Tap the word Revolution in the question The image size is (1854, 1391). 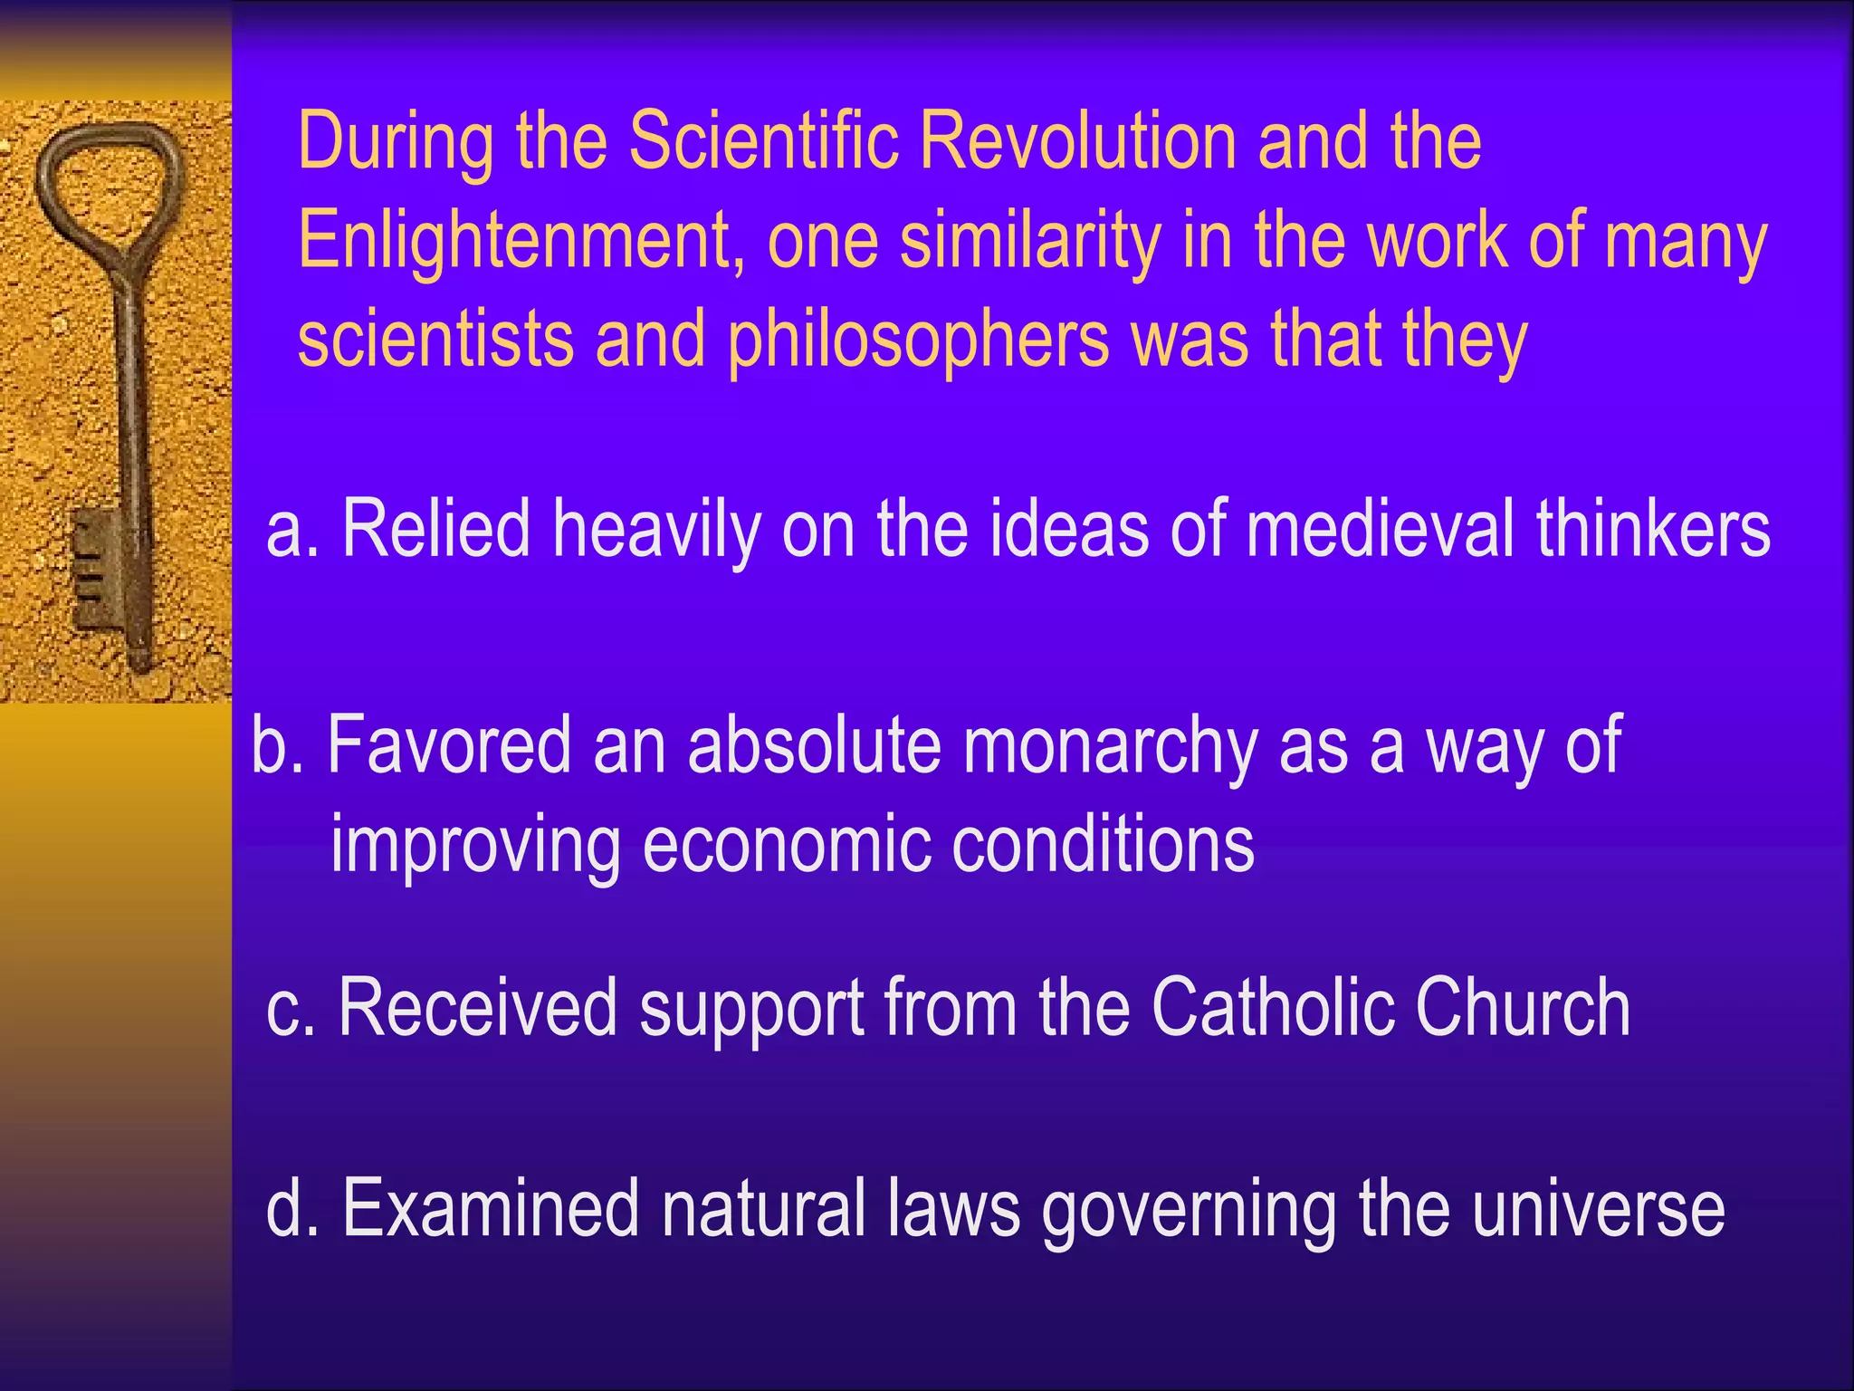pos(1077,141)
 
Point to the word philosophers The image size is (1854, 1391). pos(918,340)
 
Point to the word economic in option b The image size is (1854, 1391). pos(786,844)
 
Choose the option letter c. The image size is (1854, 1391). pos(288,1011)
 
